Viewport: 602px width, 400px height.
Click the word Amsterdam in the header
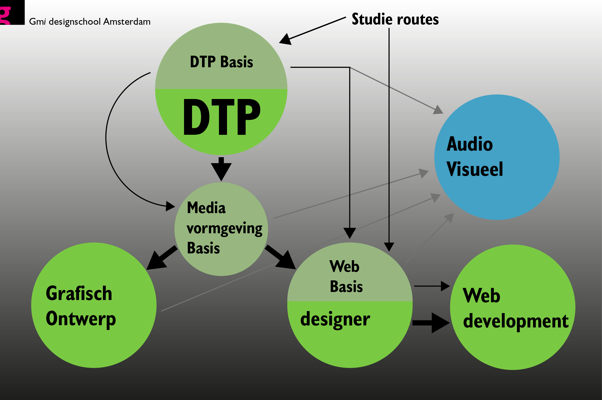pyautogui.click(x=127, y=22)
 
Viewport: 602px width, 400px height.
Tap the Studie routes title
pyautogui.click(x=395, y=19)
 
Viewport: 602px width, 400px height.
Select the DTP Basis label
pyautogui.click(x=221, y=62)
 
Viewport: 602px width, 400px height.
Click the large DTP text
pyautogui.click(x=222, y=117)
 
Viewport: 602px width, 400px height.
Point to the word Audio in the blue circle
pyautogui.click(x=469, y=144)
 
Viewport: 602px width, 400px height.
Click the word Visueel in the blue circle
pyautogui.click(x=475, y=169)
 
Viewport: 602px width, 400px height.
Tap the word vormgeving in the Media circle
pyautogui.click(x=224, y=229)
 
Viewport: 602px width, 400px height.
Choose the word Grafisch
pyautogui.click(x=79, y=293)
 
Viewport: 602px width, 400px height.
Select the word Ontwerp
pyautogui.click(x=81, y=319)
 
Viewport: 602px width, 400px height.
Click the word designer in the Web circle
pyautogui.click(x=335, y=320)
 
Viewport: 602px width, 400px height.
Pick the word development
pyautogui.click(x=516, y=322)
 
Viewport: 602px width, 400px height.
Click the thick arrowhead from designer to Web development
pyautogui.click(x=440, y=323)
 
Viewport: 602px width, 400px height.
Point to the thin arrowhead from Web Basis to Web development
pyautogui.click(x=445, y=286)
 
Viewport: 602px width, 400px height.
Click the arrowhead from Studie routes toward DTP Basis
pyautogui.click(x=285, y=40)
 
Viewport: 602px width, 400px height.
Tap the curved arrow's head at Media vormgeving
pyautogui.click(x=170, y=206)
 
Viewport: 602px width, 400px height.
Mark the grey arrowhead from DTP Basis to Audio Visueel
pyautogui.click(x=438, y=110)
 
